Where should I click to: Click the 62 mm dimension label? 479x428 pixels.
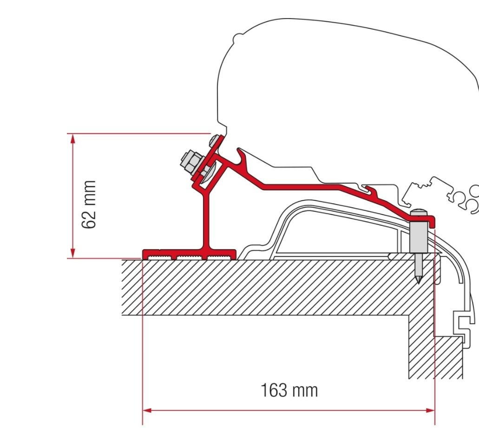click(x=88, y=204)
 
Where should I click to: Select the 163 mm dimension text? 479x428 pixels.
click(x=289, y=390)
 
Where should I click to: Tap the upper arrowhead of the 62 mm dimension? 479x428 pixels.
click(x=72, y=139)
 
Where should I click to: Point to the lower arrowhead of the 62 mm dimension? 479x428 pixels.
click(x=72, y=254)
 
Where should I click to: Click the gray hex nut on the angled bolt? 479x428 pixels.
click(x=190, y=162)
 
